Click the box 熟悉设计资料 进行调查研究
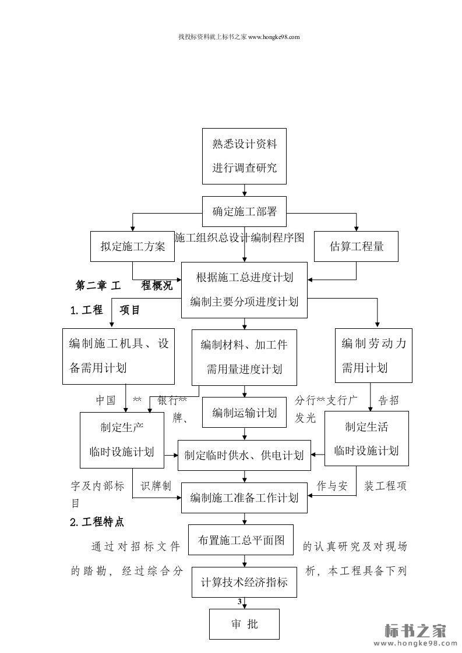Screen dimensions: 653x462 click(244, 156)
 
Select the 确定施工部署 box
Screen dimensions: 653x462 click(244, 211)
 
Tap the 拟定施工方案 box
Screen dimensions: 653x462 click(132, 246)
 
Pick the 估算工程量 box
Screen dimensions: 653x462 click(357, 246)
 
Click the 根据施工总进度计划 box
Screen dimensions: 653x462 click(244, 290)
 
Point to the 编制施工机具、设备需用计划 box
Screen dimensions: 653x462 click(119, 356)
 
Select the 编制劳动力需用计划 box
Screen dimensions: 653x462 click(373, 356)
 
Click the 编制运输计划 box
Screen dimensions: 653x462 click(244, 413)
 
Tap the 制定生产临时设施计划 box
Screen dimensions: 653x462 click(122, 439)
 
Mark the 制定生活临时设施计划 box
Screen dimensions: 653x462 click(366, 438)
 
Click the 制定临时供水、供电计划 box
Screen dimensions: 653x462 click(244, 455)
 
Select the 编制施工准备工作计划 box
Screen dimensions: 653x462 click(244, 498)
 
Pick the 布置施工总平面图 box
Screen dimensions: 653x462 click(241, 540)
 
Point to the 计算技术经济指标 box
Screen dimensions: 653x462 click(244, 582)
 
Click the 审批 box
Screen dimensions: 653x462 click(244, 624)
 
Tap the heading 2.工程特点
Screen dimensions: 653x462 click(97, 522)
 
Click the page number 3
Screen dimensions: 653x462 click(239, 601)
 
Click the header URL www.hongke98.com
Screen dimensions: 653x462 click(274, 37)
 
